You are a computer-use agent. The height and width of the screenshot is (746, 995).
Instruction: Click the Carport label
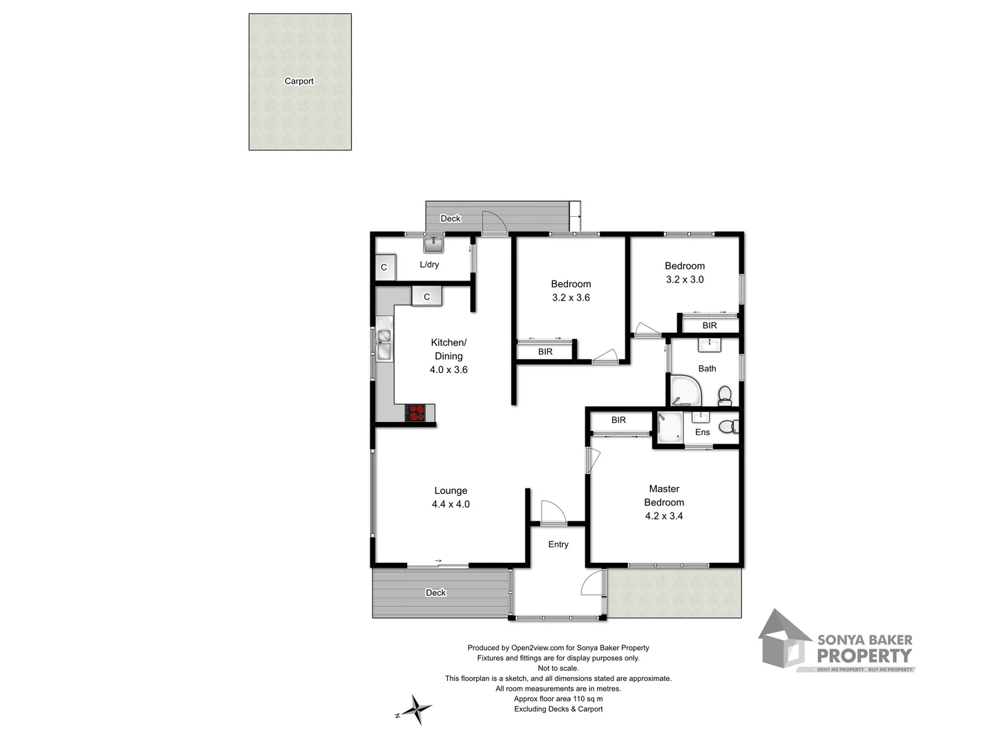pyautogui.click(x=298, y=81)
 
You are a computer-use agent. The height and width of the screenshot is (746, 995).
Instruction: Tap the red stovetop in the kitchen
pyautogui.click(x=416, y=412)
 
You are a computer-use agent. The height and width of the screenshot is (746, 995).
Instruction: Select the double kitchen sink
pyautogui.click(x=383, y=344)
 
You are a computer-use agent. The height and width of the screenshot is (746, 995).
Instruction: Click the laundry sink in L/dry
pyautogui.click(x=433, y=245)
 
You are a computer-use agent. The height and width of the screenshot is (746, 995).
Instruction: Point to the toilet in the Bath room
pyautogui.click(x=724, y=396)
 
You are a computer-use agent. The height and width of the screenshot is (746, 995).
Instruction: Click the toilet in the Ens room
pyautogui.click(x=728, y=427)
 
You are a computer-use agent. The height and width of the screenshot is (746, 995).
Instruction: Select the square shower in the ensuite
pyautogui.click(x=668, y=428)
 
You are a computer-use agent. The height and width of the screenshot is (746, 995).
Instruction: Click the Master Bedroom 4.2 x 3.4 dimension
pyautogui.click(x=663, y=516)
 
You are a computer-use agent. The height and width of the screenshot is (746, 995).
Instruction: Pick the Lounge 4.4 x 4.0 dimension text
pyautogui.click(x=451, y=504)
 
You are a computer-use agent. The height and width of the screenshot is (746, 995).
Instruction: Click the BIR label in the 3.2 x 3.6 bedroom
pyautogui.click(x=545, y=352)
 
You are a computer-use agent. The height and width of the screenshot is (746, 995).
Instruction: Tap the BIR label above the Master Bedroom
pyautogui.click(x=618, y=420)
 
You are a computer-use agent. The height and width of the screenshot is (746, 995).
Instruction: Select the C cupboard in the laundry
pyautogui.click(x=384, y=267)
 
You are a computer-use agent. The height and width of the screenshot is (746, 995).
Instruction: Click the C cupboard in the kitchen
pyautogui.click(x=426, y=296)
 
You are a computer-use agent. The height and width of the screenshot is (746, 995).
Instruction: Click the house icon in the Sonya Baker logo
pyautogui.click(x=784, y=640)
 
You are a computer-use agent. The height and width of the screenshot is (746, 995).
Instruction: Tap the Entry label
pyautogui.click(x=558, y=544)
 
